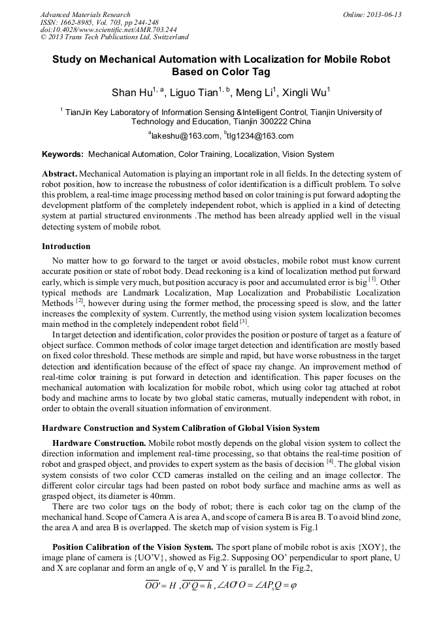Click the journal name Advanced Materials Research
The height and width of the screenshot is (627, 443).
(85, 14)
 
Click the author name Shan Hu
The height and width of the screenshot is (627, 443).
(133, 92)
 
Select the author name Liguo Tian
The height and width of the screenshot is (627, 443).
(195, 92)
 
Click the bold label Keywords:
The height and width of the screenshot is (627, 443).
(63, 155)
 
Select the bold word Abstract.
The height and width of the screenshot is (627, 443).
(59, 175)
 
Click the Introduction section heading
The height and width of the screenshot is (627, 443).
(66, 246)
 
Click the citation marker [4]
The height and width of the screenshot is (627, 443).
(330, 462)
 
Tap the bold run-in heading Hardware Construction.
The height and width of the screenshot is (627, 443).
(99, 443)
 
